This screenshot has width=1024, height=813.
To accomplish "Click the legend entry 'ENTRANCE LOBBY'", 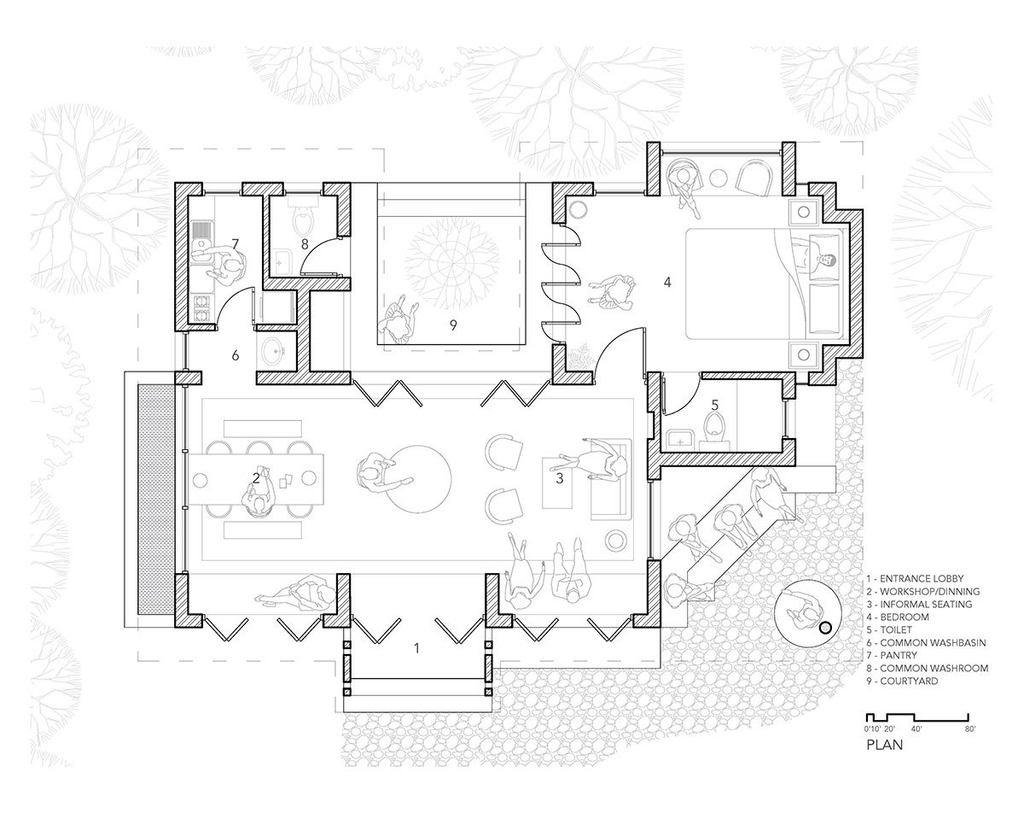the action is coord(915,579).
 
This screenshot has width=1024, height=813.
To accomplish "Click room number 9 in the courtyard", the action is coord(453,325).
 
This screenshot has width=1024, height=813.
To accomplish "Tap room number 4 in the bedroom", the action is coord(667,283).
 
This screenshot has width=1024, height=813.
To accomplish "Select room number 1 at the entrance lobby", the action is coord(416,648).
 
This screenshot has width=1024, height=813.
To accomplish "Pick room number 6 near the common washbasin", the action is coord(235,355).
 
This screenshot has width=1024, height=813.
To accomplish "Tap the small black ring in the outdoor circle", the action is coord(826,629).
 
